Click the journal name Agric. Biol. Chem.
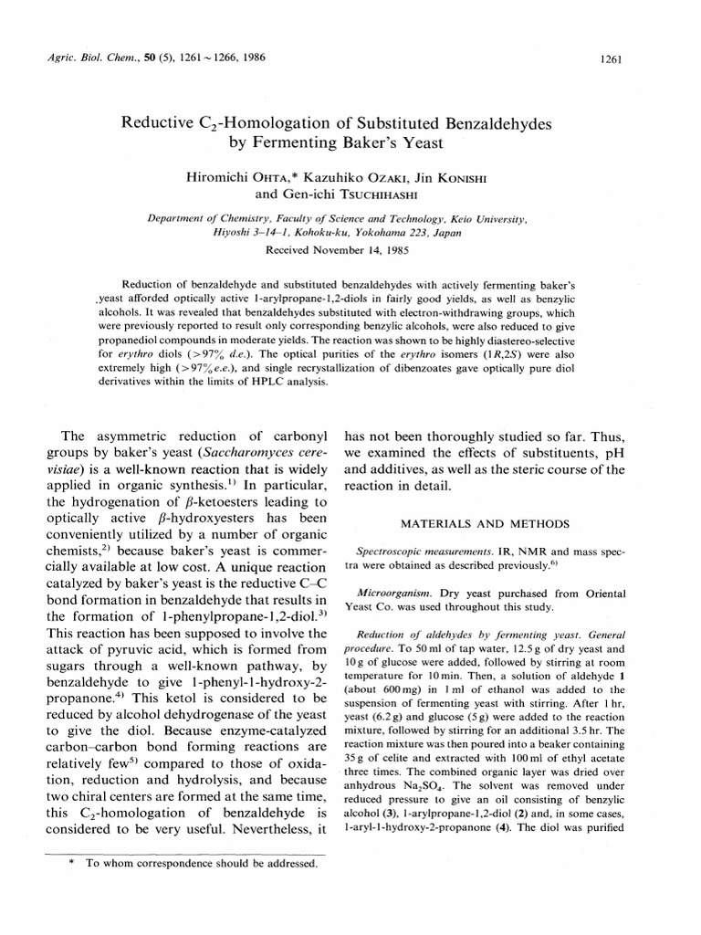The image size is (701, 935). pyautogui.click(x=80, y=58)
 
